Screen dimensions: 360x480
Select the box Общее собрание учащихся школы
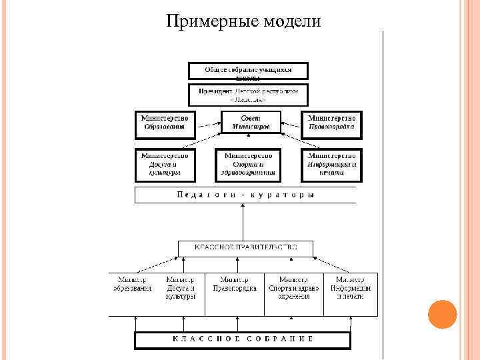click(x=248, y=72)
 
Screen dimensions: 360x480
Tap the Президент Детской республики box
click(x=248, y=95)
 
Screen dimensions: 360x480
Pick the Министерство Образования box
click(x=165, y=121)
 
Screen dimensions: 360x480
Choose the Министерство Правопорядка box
click(x=333, y=121)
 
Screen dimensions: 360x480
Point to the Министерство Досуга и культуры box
click(x=165, y=164)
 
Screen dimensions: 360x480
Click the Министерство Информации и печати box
click(x=331, y=164)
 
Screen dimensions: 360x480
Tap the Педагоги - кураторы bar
click(x=245, y=195)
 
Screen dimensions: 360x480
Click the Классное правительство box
click(x=245, y=248)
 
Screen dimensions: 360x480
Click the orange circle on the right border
click(x=441, y=315)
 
